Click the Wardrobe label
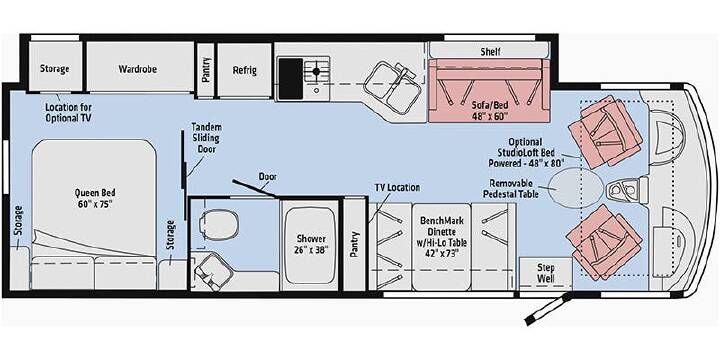[137, 69]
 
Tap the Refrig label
[244, 70]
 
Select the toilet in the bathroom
[218, 225]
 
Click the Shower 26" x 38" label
[311, 244]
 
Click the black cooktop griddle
[291, 78]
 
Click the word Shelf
[490, 51]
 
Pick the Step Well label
[546, 273]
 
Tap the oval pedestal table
[574, 186]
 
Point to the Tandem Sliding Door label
[206, 137]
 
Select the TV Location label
[397, 187]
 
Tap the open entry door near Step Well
[548, 309]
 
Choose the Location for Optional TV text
[68, 112]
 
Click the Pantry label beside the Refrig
[206, 70]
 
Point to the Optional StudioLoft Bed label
[526, 152]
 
